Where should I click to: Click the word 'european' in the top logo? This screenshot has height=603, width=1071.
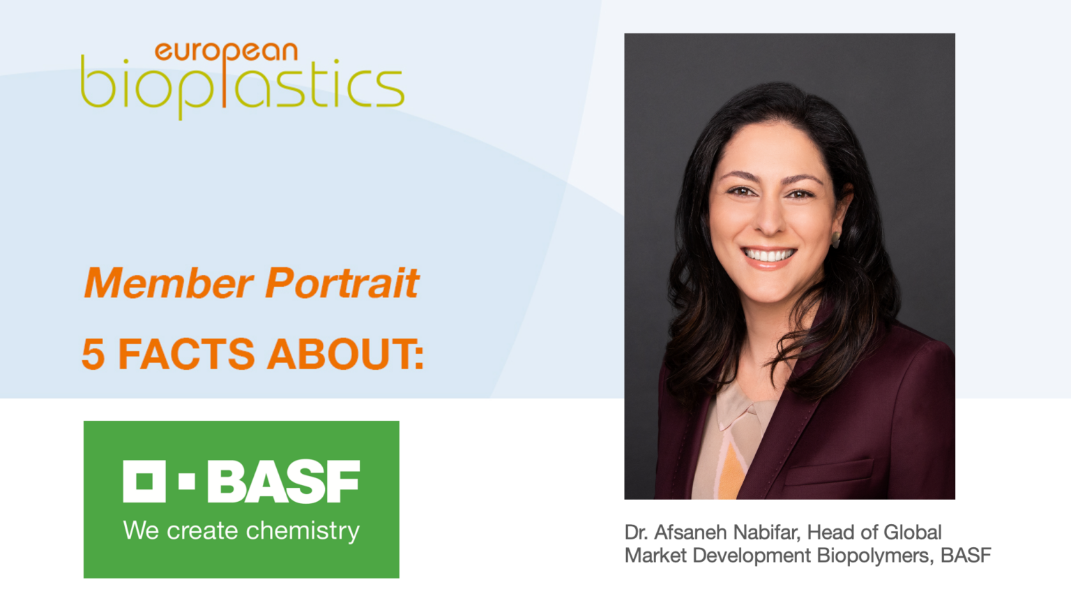[x=226, y=52]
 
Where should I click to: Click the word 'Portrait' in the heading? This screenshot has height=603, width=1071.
[x=342, y=283]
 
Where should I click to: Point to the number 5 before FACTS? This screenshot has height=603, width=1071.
[x=93, y=354]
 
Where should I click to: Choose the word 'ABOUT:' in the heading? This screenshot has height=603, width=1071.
[x=346, y=354]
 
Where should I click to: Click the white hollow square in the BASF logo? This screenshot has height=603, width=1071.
[x=144, y=481]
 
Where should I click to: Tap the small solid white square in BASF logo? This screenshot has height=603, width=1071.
[x=187, y=482]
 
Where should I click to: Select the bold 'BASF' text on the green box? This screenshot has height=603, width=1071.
[x=284, y=482]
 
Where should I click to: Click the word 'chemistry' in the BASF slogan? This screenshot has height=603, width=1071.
[x=303, y=531]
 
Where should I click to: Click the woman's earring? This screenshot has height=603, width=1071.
[x=835, y=240]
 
